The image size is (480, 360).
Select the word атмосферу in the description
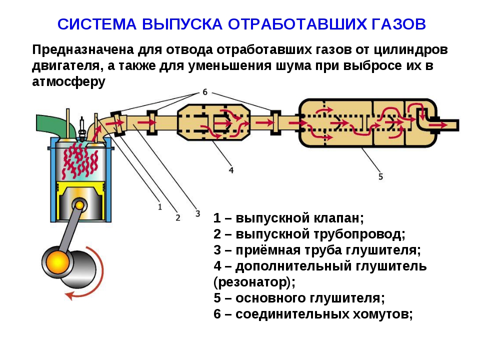coord(68,81)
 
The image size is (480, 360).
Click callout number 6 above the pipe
coord(205,91)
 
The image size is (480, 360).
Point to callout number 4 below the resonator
coord(231,170)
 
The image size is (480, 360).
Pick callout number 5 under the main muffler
coord(380,176)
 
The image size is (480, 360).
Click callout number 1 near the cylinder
coord(160,207)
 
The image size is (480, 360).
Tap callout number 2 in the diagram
coord(178,217)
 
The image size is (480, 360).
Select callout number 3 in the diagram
coord(198,213)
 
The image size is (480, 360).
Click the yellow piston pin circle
coord(79,205)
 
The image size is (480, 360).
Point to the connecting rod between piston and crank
coord(69,232)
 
